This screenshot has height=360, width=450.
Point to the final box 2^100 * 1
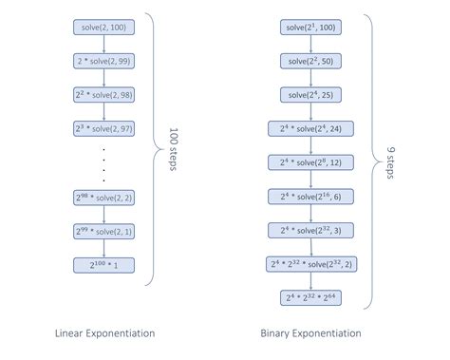[103, 265]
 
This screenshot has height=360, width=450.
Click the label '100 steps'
[173, 149]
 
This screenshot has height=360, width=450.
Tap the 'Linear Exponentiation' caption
[105, 333]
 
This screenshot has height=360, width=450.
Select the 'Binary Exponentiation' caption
[310, 333]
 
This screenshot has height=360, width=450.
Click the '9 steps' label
[391, 162]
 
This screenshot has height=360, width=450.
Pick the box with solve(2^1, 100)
[310, 28]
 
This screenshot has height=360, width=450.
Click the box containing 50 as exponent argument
[310, 61]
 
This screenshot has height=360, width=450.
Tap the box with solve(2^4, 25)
[310, 95]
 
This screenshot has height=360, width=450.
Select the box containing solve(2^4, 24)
[310, 129]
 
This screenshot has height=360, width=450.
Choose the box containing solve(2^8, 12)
[310, 162]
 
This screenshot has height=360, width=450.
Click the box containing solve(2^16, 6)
[310, 197]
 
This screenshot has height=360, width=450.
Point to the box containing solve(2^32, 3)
[310, 231]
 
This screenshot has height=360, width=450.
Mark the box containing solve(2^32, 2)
[311, 264]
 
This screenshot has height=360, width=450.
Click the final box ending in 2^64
[310, 298]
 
